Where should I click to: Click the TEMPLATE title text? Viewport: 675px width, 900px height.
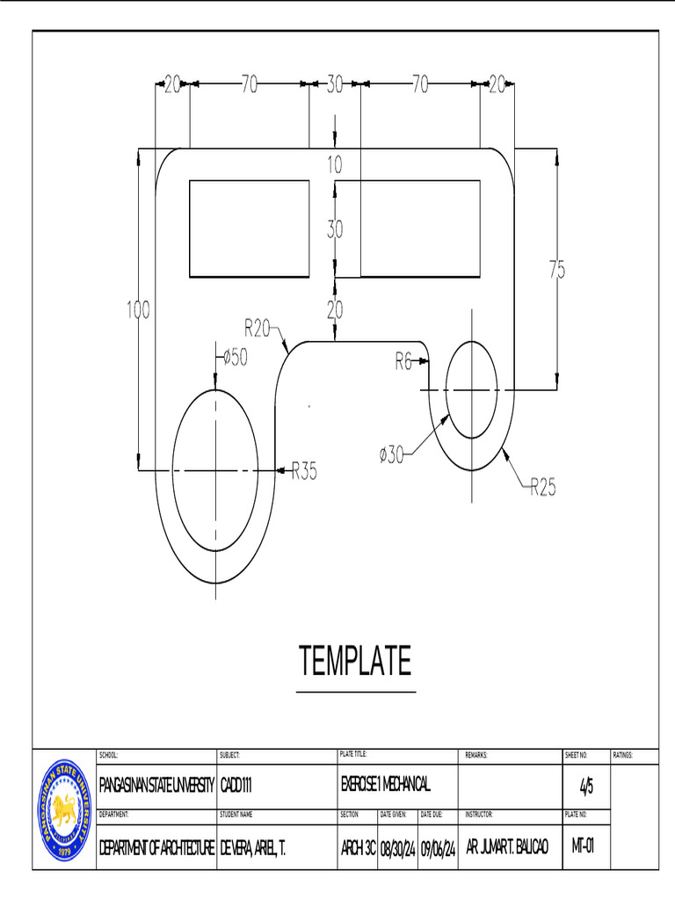(x=355, y=661)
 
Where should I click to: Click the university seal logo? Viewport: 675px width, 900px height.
(x=64, y=810)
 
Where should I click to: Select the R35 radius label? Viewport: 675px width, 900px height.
(x=303, y=472)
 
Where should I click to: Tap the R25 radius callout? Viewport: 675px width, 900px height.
(x=542, y=487)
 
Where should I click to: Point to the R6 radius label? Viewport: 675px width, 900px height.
(x=403, y=361)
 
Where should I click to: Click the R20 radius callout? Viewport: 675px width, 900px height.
(x=258, y=329)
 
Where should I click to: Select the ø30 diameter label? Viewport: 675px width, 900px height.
(x=392, y=454)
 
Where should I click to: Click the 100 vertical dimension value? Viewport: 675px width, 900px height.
(x=137, y=309)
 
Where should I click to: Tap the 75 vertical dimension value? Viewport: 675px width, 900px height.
(x=557, y=271)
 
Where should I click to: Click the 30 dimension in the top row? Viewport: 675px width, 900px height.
(x=335, y=84)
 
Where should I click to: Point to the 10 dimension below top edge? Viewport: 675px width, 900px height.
(x=335, y=163)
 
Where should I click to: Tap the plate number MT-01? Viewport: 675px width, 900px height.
(x=583, y=847)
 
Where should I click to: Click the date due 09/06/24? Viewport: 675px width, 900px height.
(x=438, y=848)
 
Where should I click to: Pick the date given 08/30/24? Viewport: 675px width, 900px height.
(x=397, y=848)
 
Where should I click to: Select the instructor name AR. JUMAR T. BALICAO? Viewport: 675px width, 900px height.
(x=507, y=847)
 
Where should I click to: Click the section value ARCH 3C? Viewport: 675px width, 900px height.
(x=358, y=848)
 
